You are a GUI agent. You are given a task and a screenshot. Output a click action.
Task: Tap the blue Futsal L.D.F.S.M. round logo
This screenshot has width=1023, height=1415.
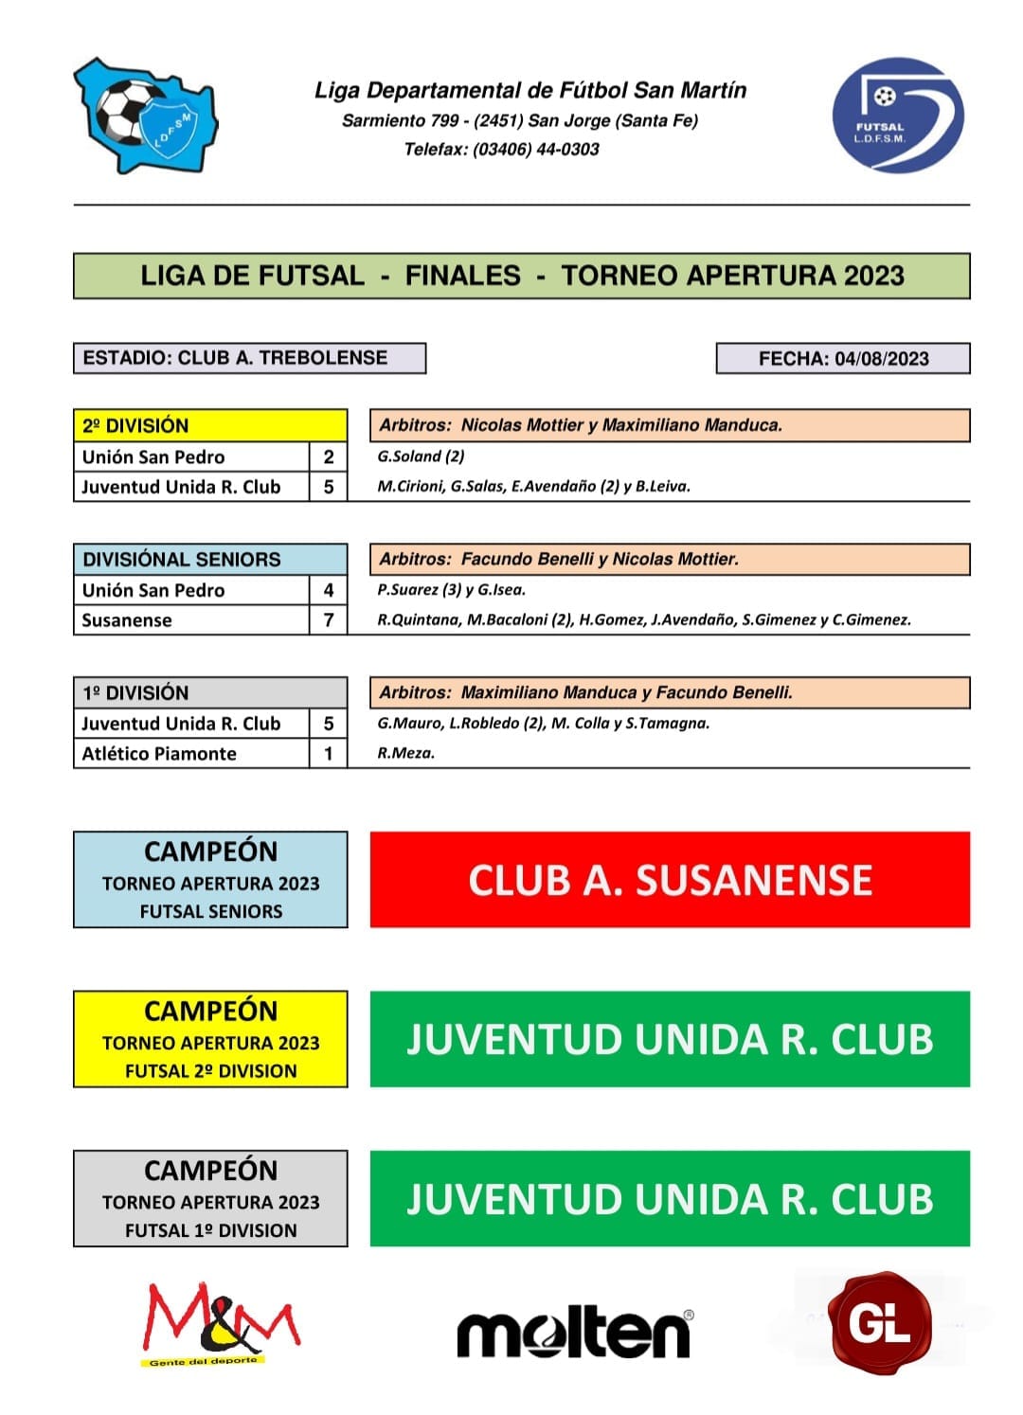pos(897,116)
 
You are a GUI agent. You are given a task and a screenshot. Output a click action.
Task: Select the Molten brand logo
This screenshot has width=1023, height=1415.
pos(574,1334)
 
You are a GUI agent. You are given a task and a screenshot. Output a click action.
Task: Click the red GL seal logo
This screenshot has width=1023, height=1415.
pos(879,1323)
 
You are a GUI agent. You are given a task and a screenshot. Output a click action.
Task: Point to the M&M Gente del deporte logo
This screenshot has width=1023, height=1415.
pos(221,1324)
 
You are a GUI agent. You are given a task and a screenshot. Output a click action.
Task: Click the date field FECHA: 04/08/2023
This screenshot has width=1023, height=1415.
pos(842,359)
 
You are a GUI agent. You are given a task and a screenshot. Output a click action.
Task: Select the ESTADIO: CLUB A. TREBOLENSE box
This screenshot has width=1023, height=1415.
pos(249,358)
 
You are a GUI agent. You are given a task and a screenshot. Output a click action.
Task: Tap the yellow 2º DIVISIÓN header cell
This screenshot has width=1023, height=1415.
pos(209,425)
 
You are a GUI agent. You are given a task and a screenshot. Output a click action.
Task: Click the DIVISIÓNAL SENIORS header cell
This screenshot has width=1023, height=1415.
pos(209,559)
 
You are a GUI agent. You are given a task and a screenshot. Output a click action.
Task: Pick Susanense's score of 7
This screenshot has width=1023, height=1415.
pos(329,620)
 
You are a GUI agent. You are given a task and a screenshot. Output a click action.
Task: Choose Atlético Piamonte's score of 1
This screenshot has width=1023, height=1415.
pos(329,754)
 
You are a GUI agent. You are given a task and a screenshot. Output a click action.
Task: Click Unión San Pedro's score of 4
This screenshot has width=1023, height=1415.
pos(329,590)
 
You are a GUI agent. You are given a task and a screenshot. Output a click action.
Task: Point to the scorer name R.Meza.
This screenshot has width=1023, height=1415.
pos(405,754)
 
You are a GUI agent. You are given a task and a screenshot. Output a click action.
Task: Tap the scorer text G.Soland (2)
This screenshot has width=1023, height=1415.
pos(421,457)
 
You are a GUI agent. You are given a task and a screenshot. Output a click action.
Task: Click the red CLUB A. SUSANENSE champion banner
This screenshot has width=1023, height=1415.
pos(669,880)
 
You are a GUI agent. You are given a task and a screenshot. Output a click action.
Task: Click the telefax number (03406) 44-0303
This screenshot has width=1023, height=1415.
pos(536,150)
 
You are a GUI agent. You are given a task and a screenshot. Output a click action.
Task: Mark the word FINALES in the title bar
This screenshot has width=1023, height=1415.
pos(462,276)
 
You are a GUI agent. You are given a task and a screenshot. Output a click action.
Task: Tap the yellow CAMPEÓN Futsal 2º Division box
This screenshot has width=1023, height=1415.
pos(210,1039)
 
